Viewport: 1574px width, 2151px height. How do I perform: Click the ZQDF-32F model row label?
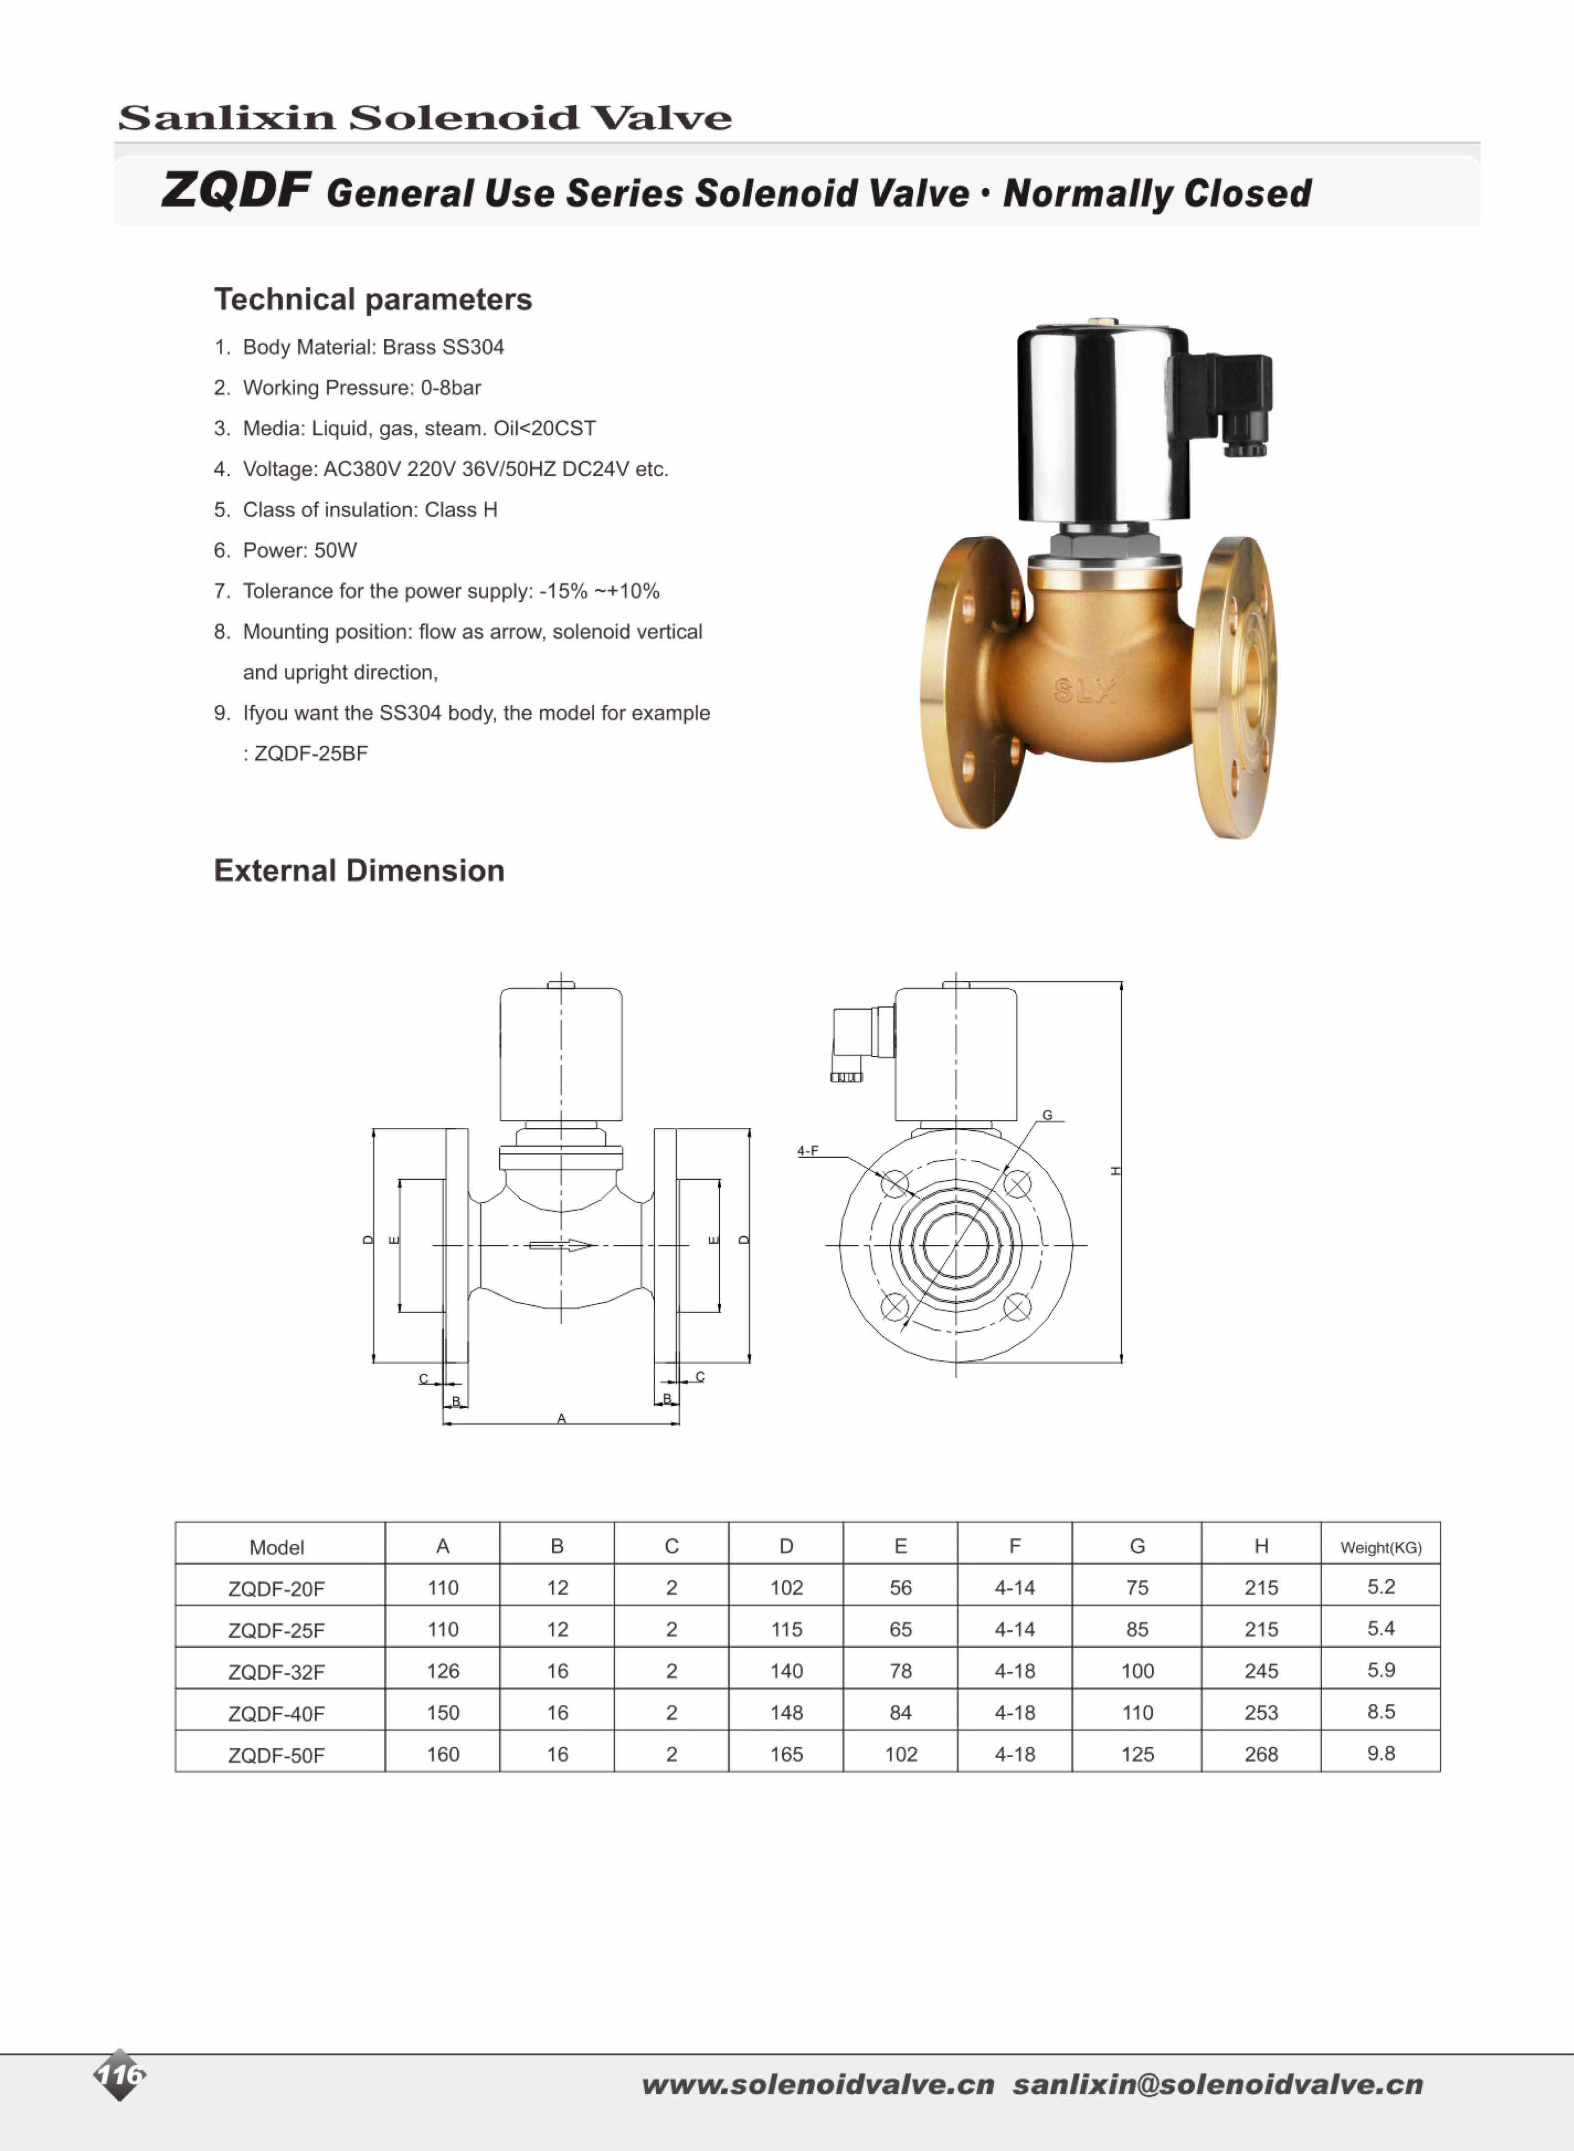(276, 1671)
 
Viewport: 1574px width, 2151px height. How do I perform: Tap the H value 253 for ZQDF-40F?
(1261, 1713)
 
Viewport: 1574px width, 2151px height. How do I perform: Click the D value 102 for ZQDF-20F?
(786, 1588)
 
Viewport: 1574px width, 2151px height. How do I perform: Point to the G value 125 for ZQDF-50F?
(1137, 1755)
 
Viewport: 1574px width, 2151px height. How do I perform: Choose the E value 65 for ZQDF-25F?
(901, 1630)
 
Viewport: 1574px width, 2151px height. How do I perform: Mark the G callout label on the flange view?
(1047, 1115)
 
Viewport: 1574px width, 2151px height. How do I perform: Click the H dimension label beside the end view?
(1116, 1171)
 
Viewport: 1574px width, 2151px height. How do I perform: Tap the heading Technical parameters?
(372, 299)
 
